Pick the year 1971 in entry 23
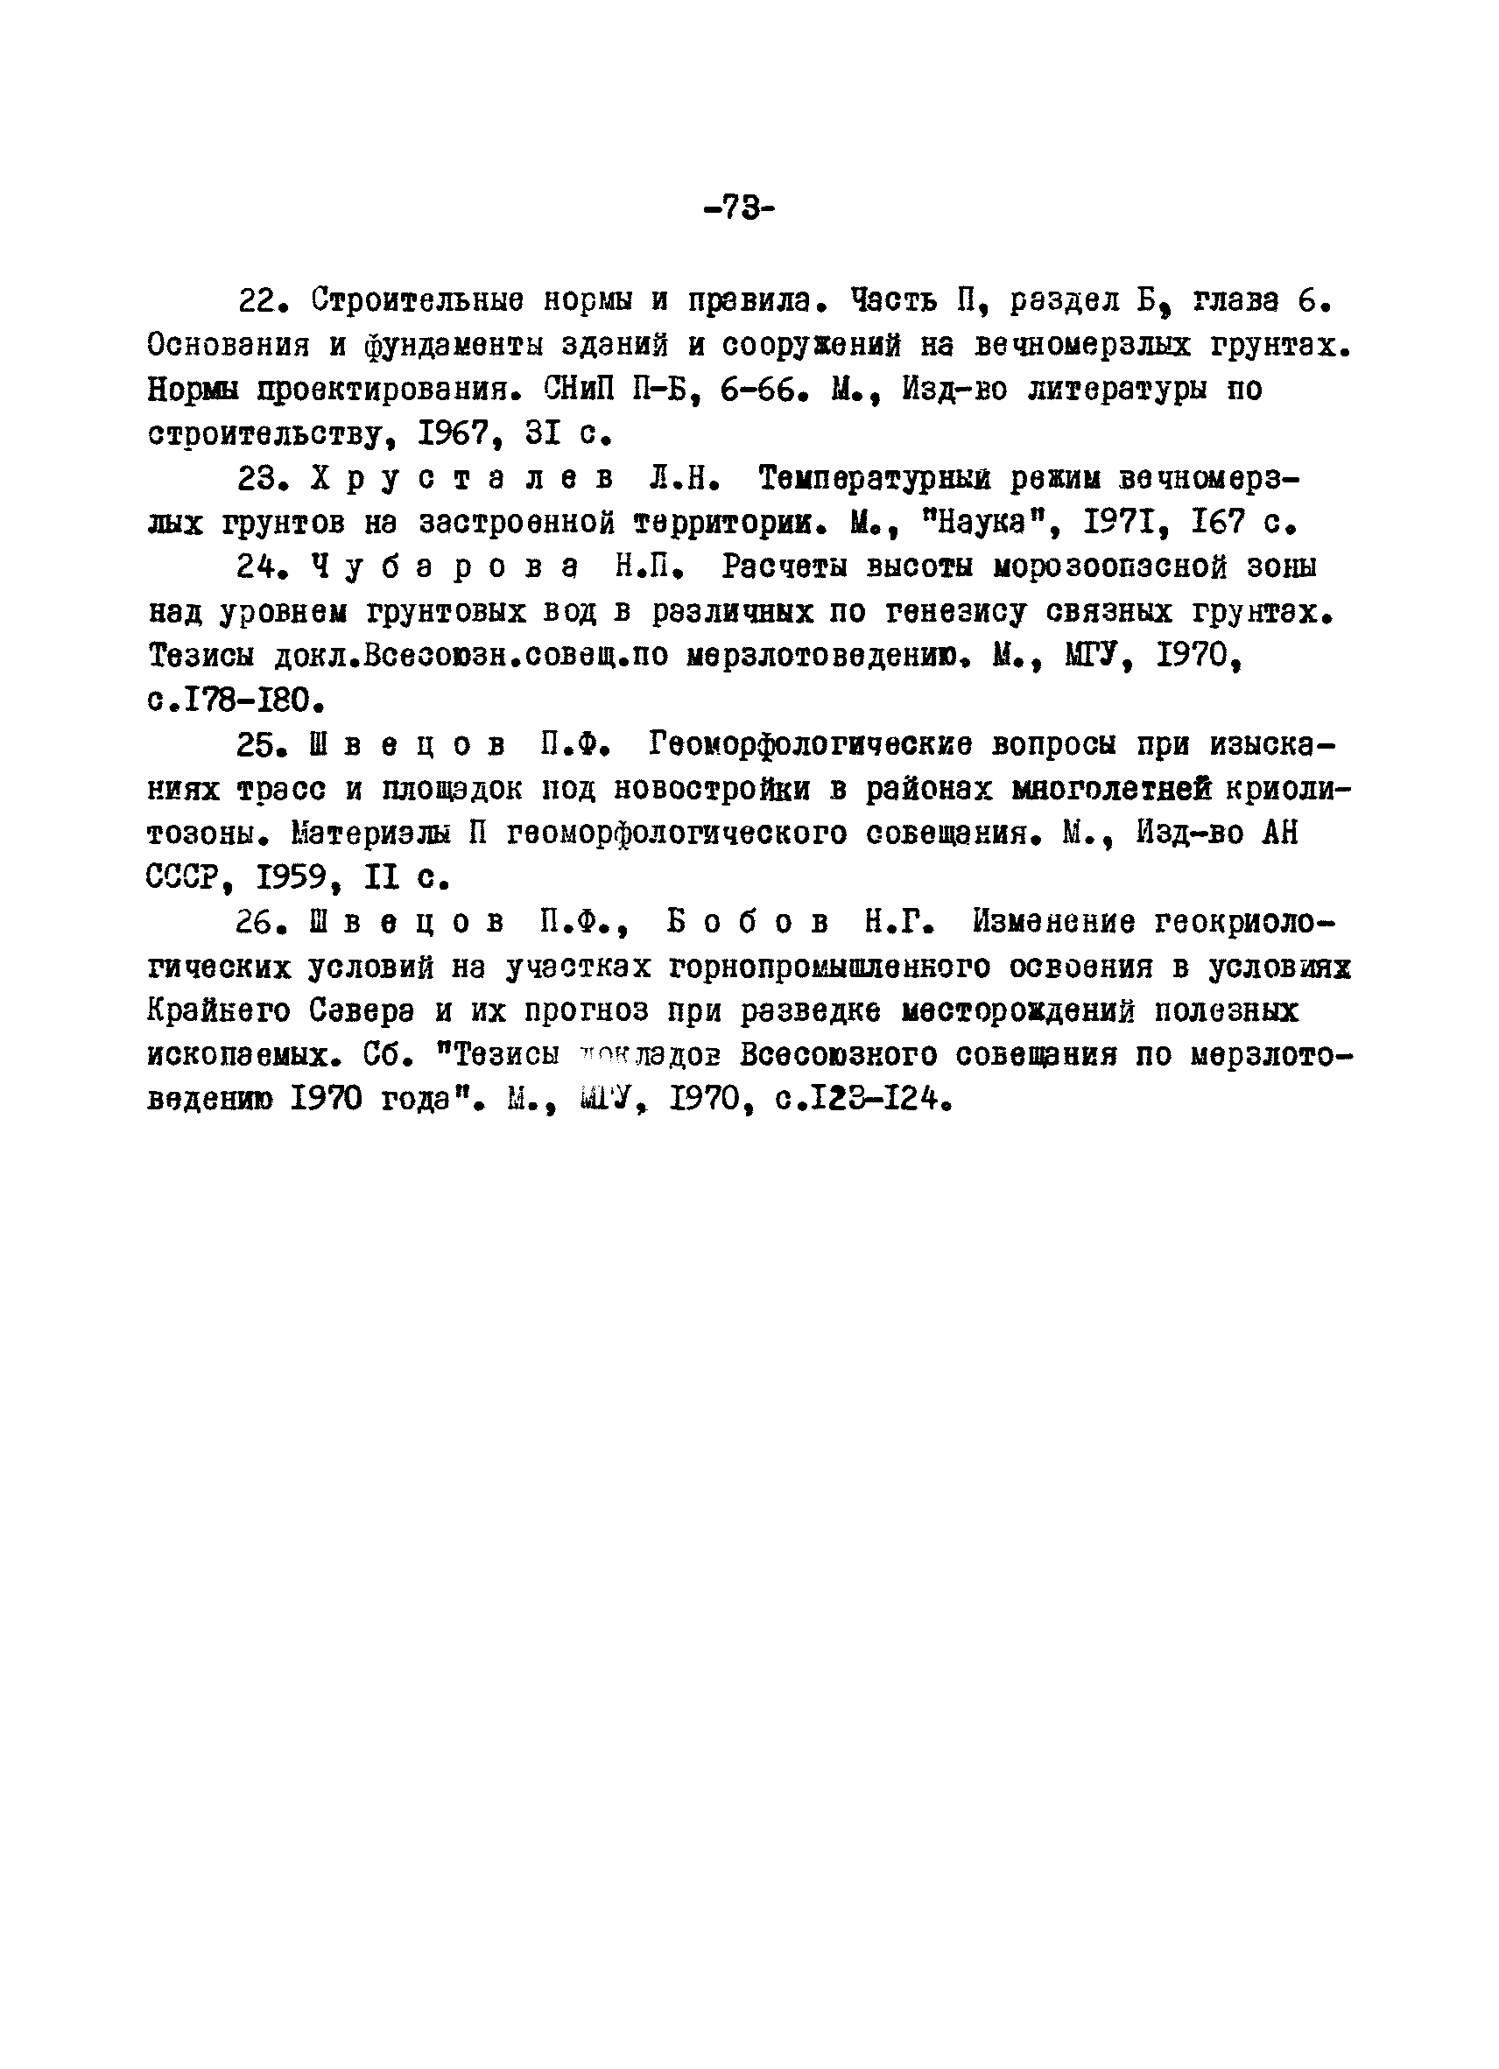tap(1120, 523)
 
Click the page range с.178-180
tap(236, 701)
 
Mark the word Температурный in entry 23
tap(875, 478)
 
